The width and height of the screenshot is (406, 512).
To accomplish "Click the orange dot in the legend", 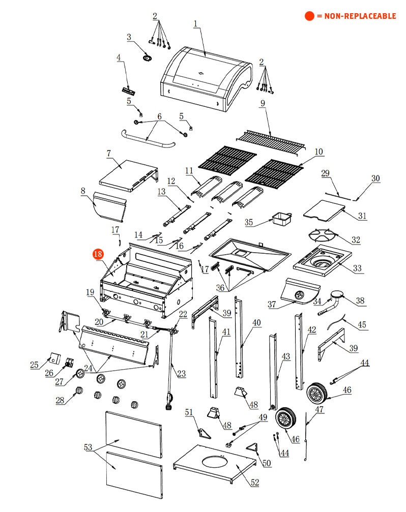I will pos(309,16).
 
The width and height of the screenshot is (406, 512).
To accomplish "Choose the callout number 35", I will pos(249,222).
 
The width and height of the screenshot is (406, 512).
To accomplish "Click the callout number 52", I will pos(254,482).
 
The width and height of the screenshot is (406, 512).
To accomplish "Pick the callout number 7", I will pos(108,153).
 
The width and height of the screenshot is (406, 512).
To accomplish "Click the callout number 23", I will pos(182,374).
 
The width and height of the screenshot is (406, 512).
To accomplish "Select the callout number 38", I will pos(360,301).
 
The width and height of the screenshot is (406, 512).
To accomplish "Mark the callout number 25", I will pos(34,365).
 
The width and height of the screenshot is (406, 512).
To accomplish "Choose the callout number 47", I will pos(319,409).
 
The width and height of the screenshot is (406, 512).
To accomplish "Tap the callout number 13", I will pos(161,192).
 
